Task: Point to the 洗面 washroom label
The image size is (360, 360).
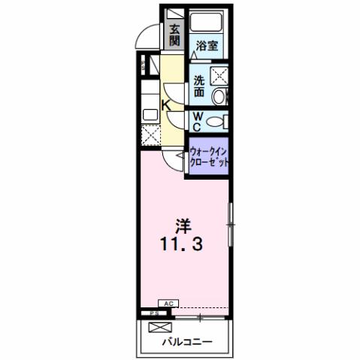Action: point(199,86)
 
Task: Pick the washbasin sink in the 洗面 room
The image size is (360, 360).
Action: point(218,95)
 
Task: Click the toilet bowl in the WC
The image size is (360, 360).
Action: point(216,120)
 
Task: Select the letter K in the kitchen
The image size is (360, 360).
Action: point(168,107)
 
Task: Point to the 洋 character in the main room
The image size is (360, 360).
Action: point(182,225)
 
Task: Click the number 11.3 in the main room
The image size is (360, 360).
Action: point(181,245)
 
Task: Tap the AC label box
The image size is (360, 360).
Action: point(168,303)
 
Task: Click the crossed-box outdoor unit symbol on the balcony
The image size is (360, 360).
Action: point(159,328)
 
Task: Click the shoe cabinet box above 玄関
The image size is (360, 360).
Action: point(174,14)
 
